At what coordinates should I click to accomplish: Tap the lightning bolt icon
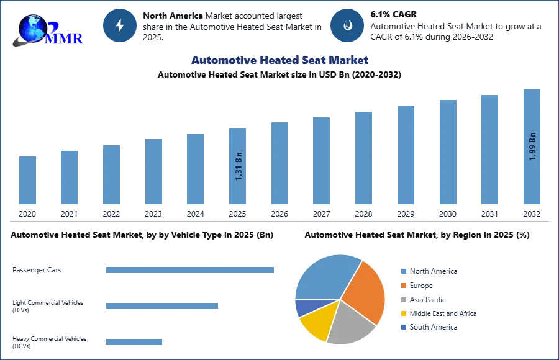120,25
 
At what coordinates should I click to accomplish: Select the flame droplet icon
347,25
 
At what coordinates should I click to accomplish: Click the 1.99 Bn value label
532,146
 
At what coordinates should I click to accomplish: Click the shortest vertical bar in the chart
27,180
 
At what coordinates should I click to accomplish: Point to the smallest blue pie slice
304,307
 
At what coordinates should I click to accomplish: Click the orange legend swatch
402,286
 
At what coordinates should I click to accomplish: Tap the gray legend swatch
402,299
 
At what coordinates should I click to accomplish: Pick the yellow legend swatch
402,313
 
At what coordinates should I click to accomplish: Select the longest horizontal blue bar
191,269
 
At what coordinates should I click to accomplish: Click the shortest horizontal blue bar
134,342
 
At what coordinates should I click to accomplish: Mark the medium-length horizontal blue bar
161,307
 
